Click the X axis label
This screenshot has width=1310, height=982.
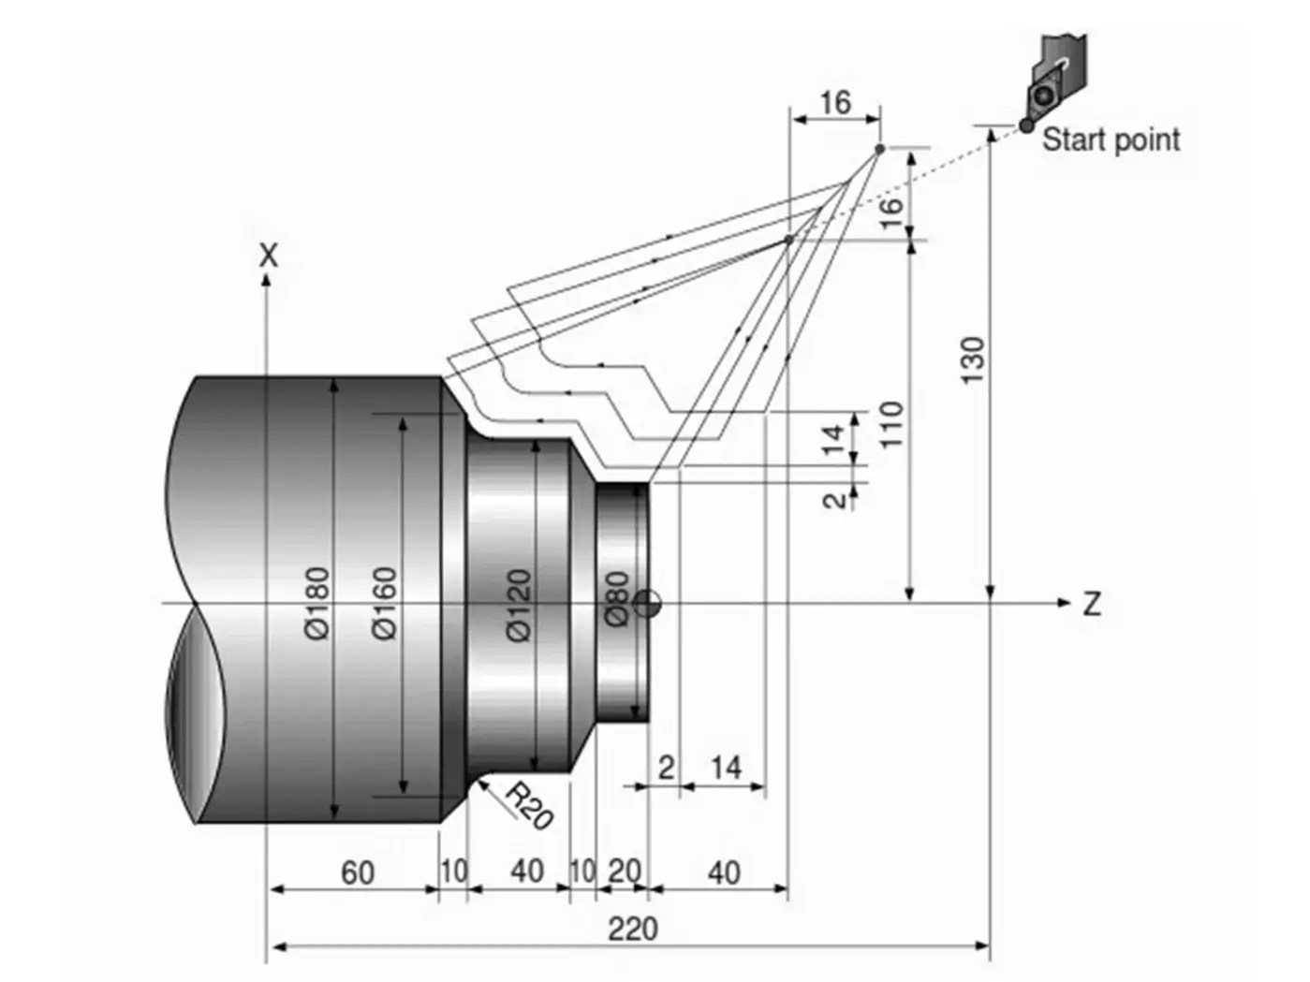click(x=269, y=255)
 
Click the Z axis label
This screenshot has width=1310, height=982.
click(x=1091, y=605)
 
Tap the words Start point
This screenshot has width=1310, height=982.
click(x=1111, y=140)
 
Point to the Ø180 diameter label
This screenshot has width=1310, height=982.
click(x=317, y=604)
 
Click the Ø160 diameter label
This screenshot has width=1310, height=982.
click(x=385, y=604)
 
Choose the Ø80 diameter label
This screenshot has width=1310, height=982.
click(x=615, y=599)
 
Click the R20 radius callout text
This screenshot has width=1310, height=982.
click(x=530, y=805)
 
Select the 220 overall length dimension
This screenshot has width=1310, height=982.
click(x=633, y=930)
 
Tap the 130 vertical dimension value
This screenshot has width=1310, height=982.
click(x=973, y=360)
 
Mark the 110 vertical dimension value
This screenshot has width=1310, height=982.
click(x=892, y=423)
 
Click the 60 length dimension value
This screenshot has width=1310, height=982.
click(x=357, y=872)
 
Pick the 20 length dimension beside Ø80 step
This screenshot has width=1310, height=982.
click(x=624, y=872)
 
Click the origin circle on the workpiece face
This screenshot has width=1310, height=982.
click(x=647, y=604)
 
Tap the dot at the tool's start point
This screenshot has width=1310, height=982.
click(x=1026, y=125)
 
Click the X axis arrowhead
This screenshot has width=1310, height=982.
click(x=268, y=279)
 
